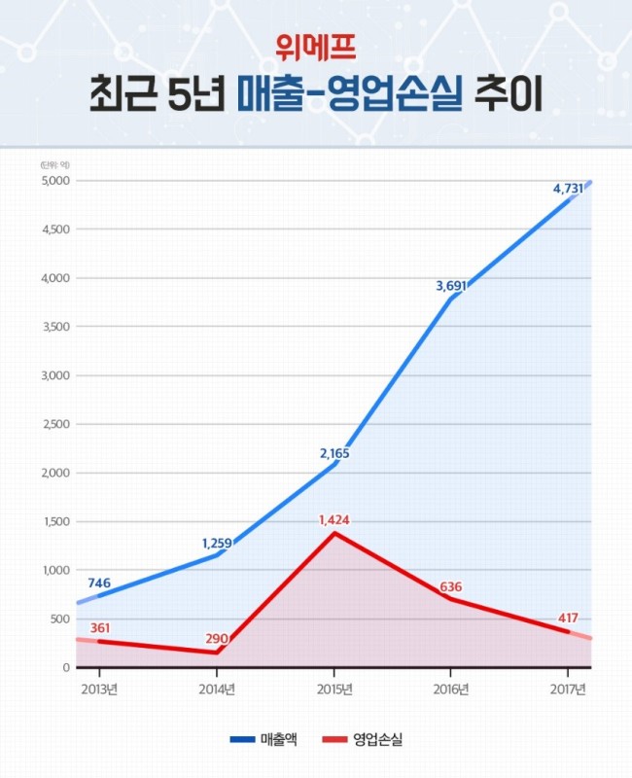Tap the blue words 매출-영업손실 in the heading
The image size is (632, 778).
coord(349,94)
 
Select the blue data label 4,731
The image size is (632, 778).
coord(568,189)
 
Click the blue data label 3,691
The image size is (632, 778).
coord(451,286)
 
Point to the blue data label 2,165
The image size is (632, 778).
coord(334,453)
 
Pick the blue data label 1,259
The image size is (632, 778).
coord(217,544)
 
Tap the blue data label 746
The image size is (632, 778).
coord(99,583)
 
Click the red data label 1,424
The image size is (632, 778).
coord(334,520)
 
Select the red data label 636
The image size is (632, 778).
coord(451,587)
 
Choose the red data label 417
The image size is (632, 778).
coord(568,619)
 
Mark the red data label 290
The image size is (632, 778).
coord(217,639)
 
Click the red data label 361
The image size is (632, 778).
coord(100,628)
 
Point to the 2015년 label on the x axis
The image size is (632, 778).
coord(334,690)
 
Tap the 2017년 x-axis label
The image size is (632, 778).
coord(568,690)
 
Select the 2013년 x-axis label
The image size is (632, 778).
coord(99,690)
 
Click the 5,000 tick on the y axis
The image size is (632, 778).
coord(55,181)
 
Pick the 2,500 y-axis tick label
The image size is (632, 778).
coord(55,424)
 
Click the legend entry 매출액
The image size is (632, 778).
coord(263,739)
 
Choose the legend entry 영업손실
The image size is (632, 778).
coord(363,739)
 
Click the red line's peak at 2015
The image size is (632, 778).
coord(334,533)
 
